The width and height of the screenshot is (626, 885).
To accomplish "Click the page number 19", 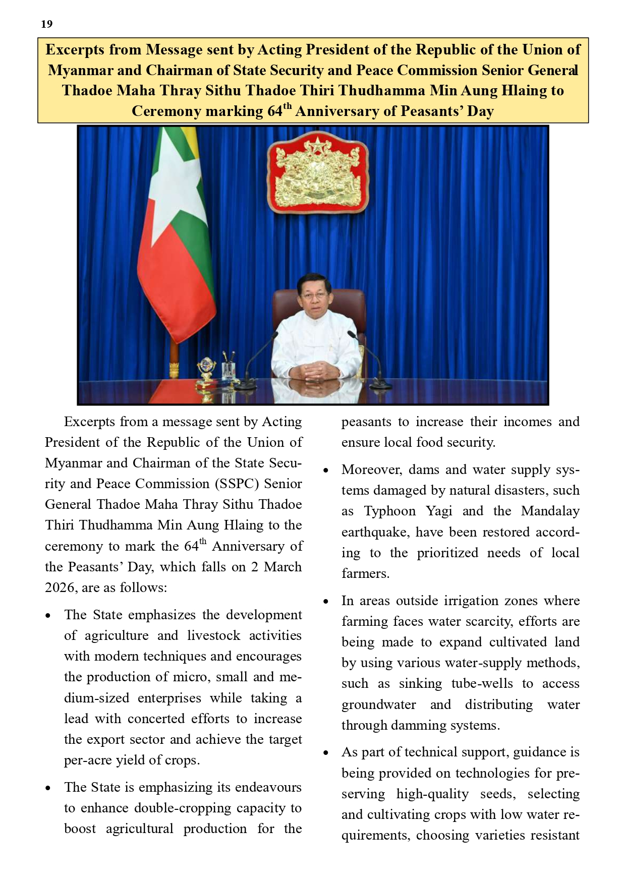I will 46,24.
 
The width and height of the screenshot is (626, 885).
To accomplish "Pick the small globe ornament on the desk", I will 206,367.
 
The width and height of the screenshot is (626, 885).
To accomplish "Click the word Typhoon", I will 390,511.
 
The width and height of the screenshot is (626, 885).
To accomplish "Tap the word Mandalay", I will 550,511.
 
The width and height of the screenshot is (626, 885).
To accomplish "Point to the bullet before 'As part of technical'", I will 326,753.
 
